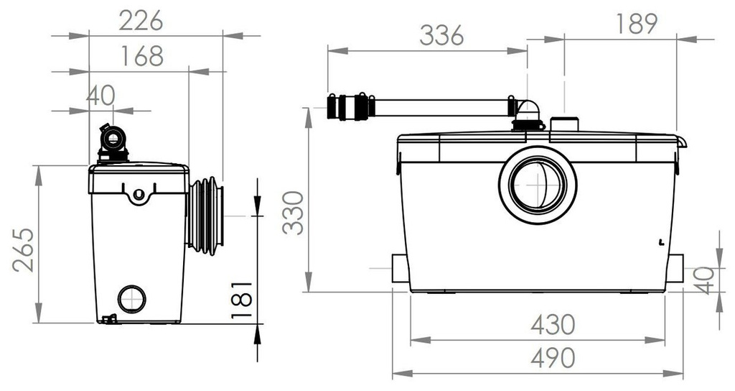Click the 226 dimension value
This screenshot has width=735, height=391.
(141, 21)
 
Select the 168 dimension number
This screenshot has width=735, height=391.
(142, 56)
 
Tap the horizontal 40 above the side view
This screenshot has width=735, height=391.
(100, 96)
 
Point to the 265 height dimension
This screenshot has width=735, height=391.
(24, 249)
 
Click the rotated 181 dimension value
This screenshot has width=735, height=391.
(242, 300)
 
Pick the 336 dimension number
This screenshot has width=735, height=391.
(441, 35)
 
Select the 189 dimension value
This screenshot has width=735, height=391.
(636, 24)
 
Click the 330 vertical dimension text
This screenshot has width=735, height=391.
(294, 213)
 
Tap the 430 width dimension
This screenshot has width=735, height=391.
(553, 324)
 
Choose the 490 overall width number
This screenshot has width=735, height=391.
(553, 358)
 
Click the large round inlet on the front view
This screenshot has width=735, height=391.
(538, 185)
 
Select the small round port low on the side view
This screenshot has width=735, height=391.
(132, 298)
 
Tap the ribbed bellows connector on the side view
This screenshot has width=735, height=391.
(206, 216)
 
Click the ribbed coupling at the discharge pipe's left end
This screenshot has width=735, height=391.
(350, 107)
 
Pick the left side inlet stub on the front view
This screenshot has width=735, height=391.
(401, 268)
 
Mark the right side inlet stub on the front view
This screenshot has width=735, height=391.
(675, 268)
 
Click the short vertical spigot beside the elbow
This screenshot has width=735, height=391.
(564, 124)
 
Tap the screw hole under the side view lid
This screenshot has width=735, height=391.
(139, 193)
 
